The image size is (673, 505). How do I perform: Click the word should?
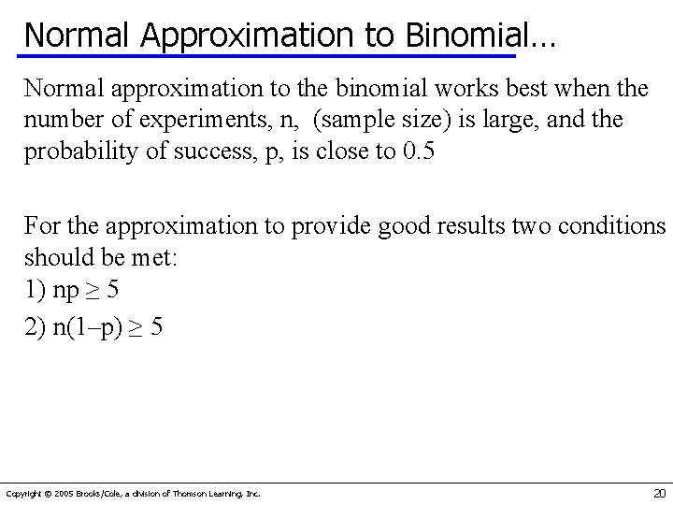[52, 257]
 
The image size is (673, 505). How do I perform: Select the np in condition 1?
[65, 289]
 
